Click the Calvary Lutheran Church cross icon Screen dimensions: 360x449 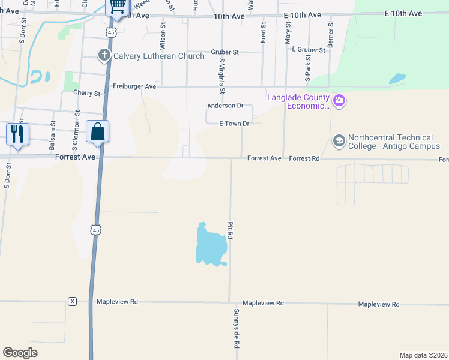[x=104, y=55]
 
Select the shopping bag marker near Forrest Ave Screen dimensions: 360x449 [x=97, y=131]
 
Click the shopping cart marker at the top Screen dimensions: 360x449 [x=118, y=7]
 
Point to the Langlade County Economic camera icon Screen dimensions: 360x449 [x=339, y=100]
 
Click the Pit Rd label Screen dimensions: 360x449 [x=230, y=230]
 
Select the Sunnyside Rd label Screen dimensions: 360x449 [x=237, y=329]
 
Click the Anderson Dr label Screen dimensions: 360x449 [x=225, y=106]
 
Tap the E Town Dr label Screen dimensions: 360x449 [x=234, y=124]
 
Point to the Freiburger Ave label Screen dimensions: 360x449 [x=134, y=86]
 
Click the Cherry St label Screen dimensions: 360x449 [x=86, y=93]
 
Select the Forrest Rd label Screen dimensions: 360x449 [x=304, y=158]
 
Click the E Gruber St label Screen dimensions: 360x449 [x=308, y=49]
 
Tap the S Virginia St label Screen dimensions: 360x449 [x=222, y=76]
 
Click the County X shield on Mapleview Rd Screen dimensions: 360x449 [x=73, y=301]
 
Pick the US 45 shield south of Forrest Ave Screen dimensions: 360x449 [x=95, y=229]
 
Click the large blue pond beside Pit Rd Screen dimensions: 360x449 [x=210, y=245]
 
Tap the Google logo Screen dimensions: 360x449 [x=20, y=353]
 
